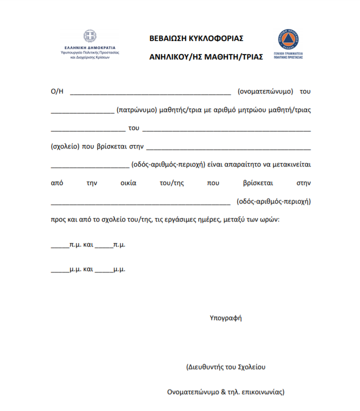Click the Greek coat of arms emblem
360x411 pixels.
(89, 36)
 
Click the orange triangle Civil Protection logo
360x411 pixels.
(288, 39)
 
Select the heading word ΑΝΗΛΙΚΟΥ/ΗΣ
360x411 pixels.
(174, 56)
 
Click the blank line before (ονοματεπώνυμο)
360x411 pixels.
(150, 92)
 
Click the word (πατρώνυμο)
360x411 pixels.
(136, 110)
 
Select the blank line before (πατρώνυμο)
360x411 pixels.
(82, 110)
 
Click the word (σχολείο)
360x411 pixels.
(64, 146)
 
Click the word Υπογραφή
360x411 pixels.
(225, 317)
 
